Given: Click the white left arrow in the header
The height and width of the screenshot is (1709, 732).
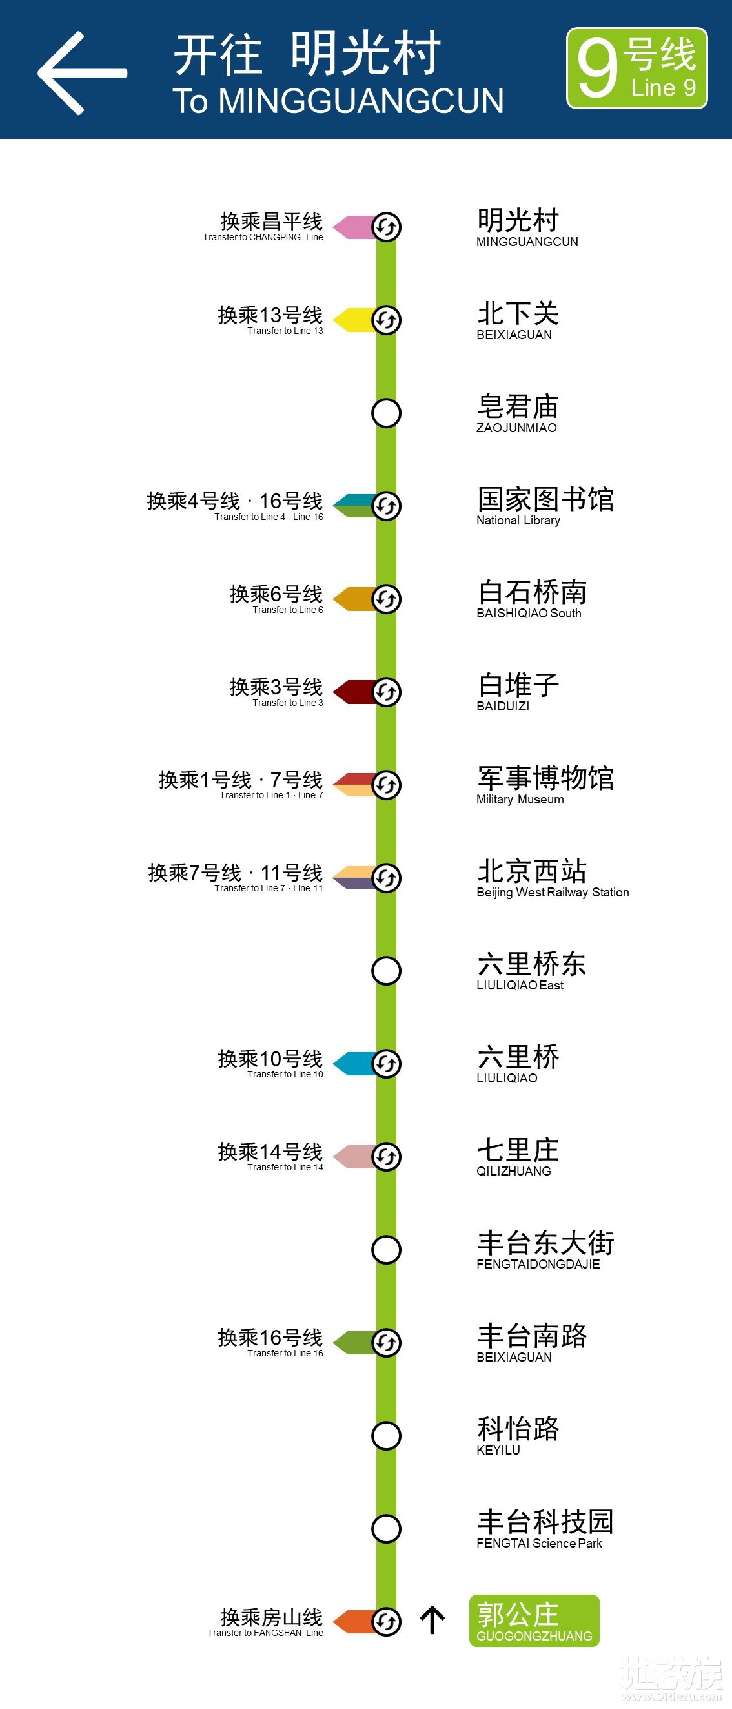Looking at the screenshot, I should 81,73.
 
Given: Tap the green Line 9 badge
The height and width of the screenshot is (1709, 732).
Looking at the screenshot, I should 636,68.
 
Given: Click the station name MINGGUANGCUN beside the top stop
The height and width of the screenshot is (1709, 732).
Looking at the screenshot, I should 527,227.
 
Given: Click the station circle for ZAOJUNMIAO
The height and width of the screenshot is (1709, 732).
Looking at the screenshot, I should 386,413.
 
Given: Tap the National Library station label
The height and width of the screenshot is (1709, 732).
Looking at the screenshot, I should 544,506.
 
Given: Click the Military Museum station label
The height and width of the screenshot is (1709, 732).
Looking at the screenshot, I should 544,785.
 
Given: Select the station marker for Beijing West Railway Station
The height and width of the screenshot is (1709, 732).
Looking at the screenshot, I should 386,878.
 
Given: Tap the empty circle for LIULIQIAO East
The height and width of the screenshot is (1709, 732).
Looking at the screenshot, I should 386,971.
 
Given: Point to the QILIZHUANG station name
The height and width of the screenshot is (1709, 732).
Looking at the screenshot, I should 517,1157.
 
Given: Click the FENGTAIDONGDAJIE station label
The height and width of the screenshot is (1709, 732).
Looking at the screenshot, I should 544,1250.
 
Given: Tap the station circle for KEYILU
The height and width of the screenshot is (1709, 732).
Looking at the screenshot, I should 386,1436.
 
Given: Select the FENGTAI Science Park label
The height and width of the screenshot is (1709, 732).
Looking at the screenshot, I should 544,1529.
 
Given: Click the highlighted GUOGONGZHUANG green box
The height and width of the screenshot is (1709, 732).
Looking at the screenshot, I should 534,1621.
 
